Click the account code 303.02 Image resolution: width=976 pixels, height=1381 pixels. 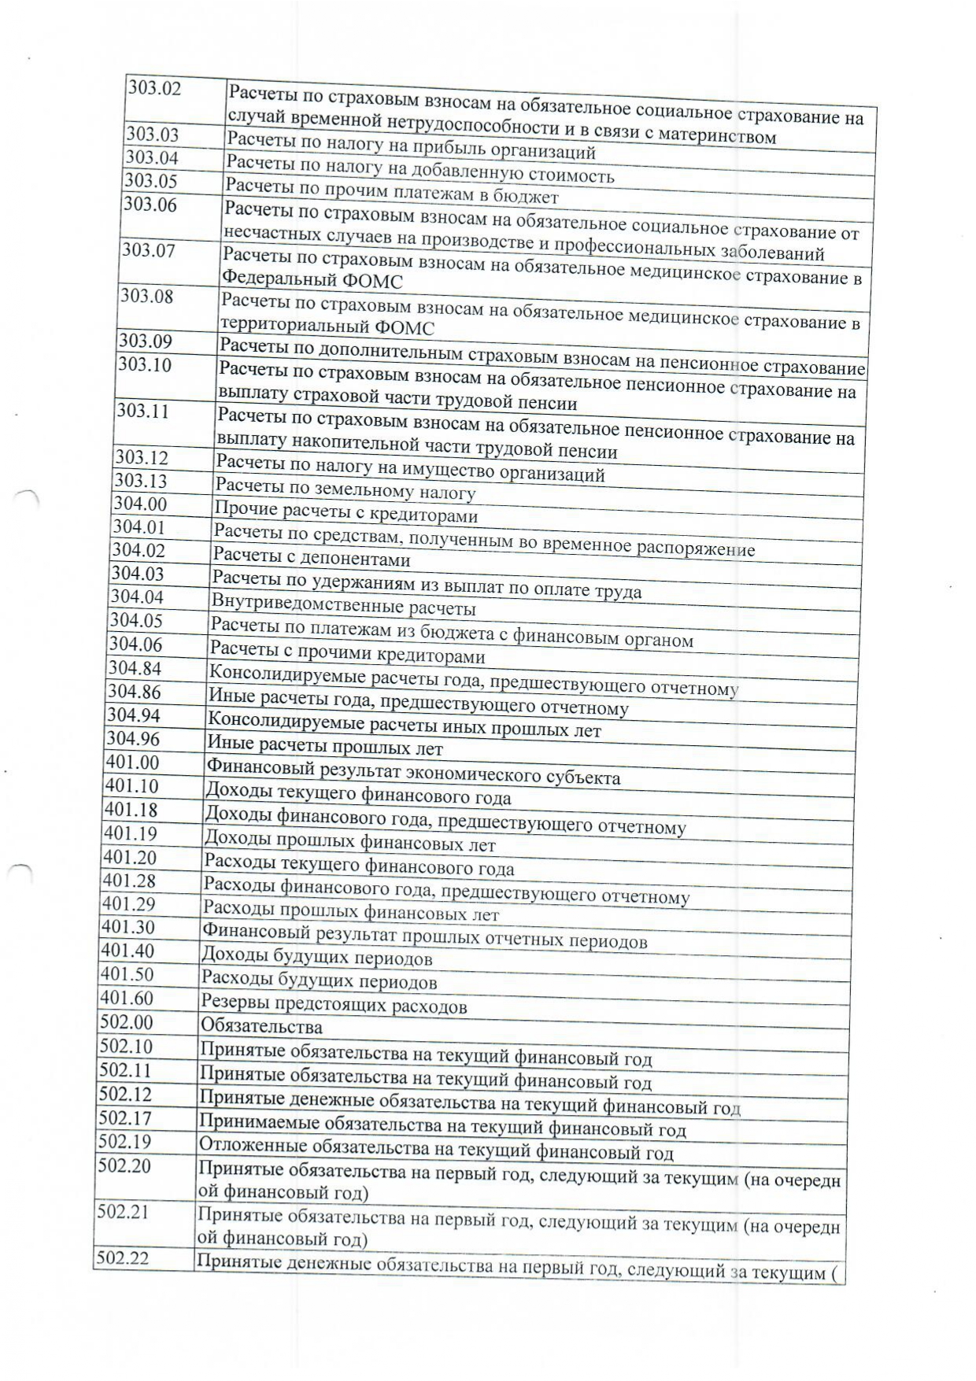coord(154,88)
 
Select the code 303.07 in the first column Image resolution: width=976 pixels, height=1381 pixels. coord(147,251)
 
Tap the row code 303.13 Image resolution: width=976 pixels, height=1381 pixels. coord(140,481)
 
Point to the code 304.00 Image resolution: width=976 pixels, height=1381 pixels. coord(139,504)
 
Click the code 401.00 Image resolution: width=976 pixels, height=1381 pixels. coord(131,763)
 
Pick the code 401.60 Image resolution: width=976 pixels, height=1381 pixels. coord(126,999)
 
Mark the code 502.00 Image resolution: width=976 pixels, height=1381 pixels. coord(125,1022)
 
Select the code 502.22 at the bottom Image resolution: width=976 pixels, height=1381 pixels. coord(122,1259)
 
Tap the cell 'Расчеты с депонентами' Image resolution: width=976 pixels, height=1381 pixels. coord(312,559)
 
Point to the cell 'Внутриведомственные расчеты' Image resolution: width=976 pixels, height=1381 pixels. coord(343,606)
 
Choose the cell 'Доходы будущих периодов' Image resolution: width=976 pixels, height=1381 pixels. coord(317,957)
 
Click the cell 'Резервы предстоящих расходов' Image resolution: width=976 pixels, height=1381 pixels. coord(334,1005)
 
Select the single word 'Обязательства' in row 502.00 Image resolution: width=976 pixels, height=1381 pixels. coord(261,1026)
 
